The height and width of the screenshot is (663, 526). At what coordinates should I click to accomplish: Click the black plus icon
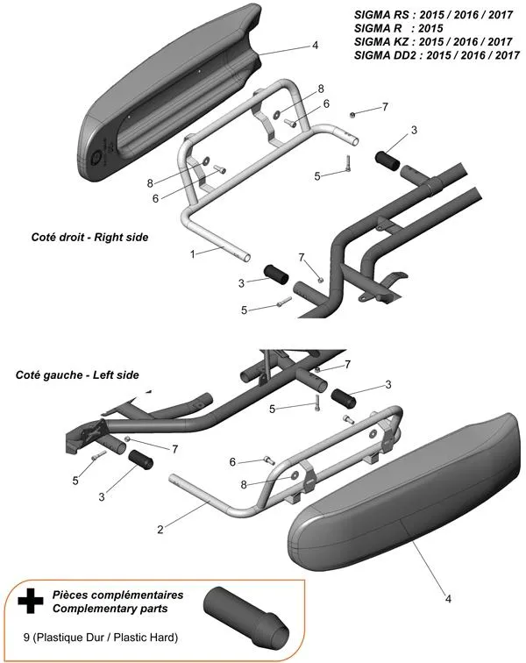(x=31, y=600)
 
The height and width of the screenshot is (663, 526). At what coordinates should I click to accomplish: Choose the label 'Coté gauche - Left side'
(x=77, y=374)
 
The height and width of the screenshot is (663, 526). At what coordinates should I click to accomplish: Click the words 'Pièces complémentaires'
(x=111, y=594)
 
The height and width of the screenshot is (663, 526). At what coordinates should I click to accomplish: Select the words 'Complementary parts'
(x=108, y=607)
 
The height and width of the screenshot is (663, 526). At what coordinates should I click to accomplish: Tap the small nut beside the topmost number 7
(x=352, y=115)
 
